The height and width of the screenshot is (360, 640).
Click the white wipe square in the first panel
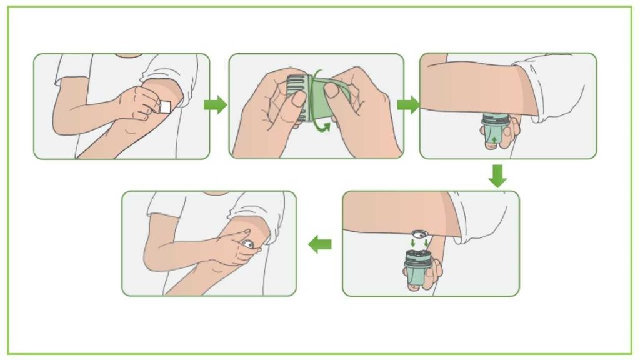click(x=165, y=107)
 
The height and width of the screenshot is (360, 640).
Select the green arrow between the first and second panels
click(x=215, y=104)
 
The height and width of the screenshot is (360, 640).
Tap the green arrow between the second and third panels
click(x=408, y=105)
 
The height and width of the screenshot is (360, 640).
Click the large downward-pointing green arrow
click(x=497, y=176)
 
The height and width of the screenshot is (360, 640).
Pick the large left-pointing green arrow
click(x=321, y=245)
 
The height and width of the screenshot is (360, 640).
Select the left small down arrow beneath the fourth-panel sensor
click(x=412, y=243)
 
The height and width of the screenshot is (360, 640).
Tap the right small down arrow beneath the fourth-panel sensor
click(x=426, y=243)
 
